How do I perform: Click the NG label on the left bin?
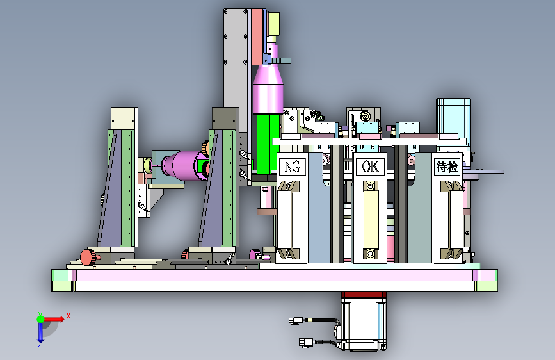[293, 166]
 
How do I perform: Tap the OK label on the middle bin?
[370, 166]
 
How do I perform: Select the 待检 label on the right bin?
[447, 166]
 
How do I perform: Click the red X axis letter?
[68, 316]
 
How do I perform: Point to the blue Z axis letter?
[40, 344]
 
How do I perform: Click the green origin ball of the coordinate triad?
[41, 319]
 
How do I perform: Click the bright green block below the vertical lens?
[268, 143]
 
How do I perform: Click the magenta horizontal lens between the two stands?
[184, 166]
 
